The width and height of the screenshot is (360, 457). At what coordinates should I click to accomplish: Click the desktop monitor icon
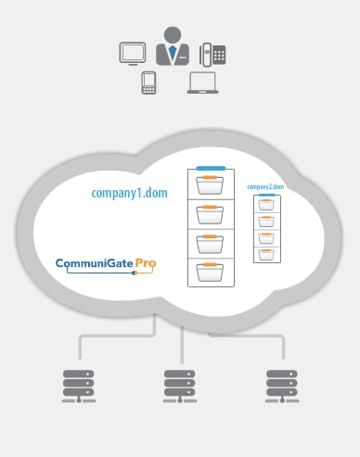pyautogui.click(x=133, y=53)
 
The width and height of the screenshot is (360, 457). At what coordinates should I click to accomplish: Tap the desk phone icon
pyautogui.click(x=212, y=53)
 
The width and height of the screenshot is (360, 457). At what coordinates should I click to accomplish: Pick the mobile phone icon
pyautogui.click(x=148, y=83)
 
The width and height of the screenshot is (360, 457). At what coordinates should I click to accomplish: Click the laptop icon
pyautogui.click(x=202, y=83)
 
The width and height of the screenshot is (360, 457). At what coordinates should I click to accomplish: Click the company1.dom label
pyautogui.click(x=129, y=193)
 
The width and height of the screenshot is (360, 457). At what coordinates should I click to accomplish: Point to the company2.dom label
pyautogui.click(x=265, y=187)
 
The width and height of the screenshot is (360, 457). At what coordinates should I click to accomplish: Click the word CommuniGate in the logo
pyautogui.click(x=95, y=262)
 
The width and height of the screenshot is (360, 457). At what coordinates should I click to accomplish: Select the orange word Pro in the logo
pyautogui.click(x=146, y=262)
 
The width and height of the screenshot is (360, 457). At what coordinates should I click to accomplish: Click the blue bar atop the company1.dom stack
pyautogui.click(x=211, y=167)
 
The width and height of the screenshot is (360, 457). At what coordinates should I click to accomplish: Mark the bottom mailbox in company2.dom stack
pyautogui.click(x=266, y=252)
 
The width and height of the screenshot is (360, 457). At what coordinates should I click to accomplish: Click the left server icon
pyautogui.click(x=78, y=386)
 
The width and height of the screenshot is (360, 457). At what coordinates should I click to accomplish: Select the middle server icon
pyautogui.click(x=179, y=386)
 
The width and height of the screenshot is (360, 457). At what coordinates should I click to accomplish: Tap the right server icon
pyautogui.click(x=281, y=386)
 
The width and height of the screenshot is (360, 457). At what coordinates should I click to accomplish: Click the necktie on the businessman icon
pyautogui.click(x=172, y=53)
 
